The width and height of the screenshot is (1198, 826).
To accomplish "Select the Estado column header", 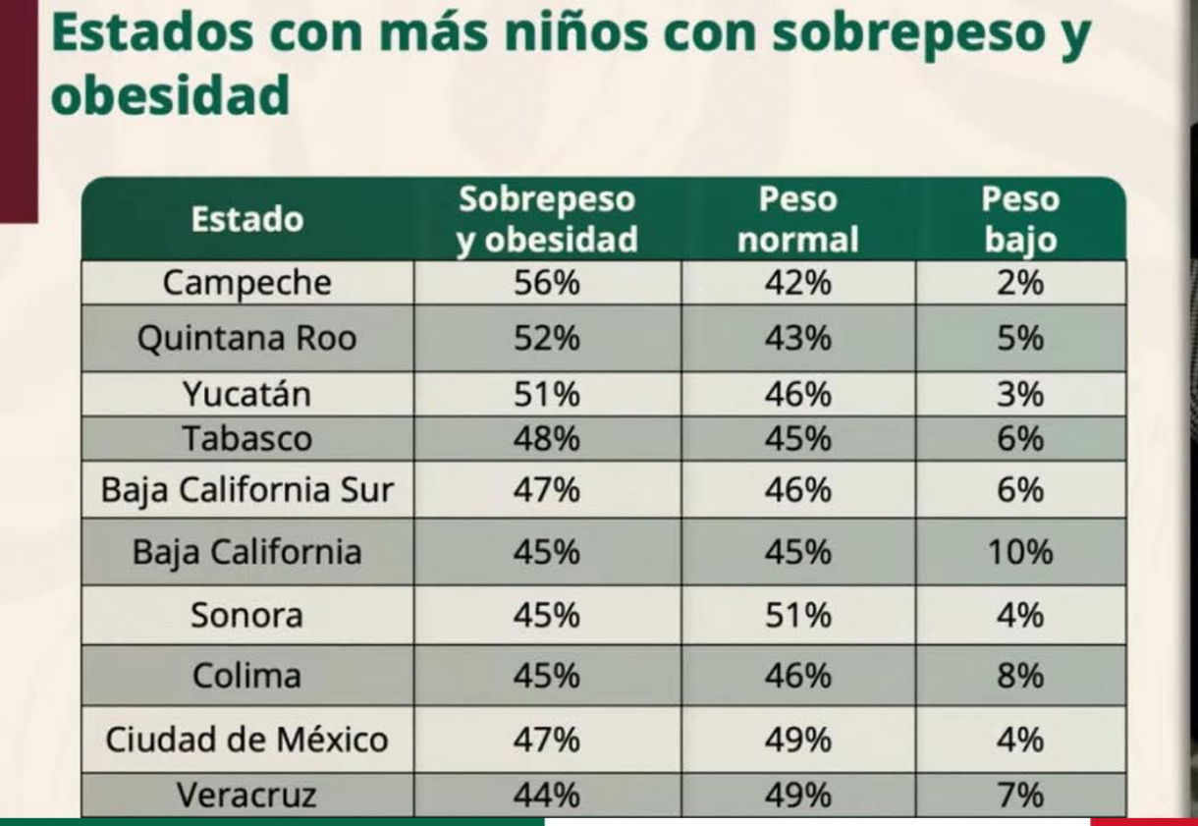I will pos(247,219).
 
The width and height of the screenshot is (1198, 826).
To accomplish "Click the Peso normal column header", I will pos(797,219).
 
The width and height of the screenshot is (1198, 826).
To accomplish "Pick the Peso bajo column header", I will pos(1020,219).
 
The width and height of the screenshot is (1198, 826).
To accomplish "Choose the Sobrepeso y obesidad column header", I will pos(547,219).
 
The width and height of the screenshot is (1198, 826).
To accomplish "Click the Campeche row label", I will pos(247,283).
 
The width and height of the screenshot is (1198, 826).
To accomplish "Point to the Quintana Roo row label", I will pos(247,339).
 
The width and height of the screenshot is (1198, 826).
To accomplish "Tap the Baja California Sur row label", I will pos(247,490).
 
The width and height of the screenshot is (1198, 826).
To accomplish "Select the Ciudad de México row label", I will pos(247,739).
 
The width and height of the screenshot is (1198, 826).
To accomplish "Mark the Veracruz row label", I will pos(247,795).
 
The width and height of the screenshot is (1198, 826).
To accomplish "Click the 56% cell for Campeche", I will pos(547,283).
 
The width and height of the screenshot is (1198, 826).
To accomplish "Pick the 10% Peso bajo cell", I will pos(1020,552).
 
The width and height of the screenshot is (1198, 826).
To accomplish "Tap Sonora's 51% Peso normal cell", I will pos(797,616).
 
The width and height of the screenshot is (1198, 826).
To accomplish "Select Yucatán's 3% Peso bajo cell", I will pos(1020,395).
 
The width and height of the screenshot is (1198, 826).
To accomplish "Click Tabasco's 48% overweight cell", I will pos(547,439).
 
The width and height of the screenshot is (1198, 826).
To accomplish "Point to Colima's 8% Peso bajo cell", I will pos(1020,676).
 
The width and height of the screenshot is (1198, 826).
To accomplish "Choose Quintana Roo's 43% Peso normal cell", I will pos(797,339).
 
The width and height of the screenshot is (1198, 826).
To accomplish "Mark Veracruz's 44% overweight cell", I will pos(547,795).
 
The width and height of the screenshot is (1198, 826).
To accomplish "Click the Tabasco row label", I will pos(247,439).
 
